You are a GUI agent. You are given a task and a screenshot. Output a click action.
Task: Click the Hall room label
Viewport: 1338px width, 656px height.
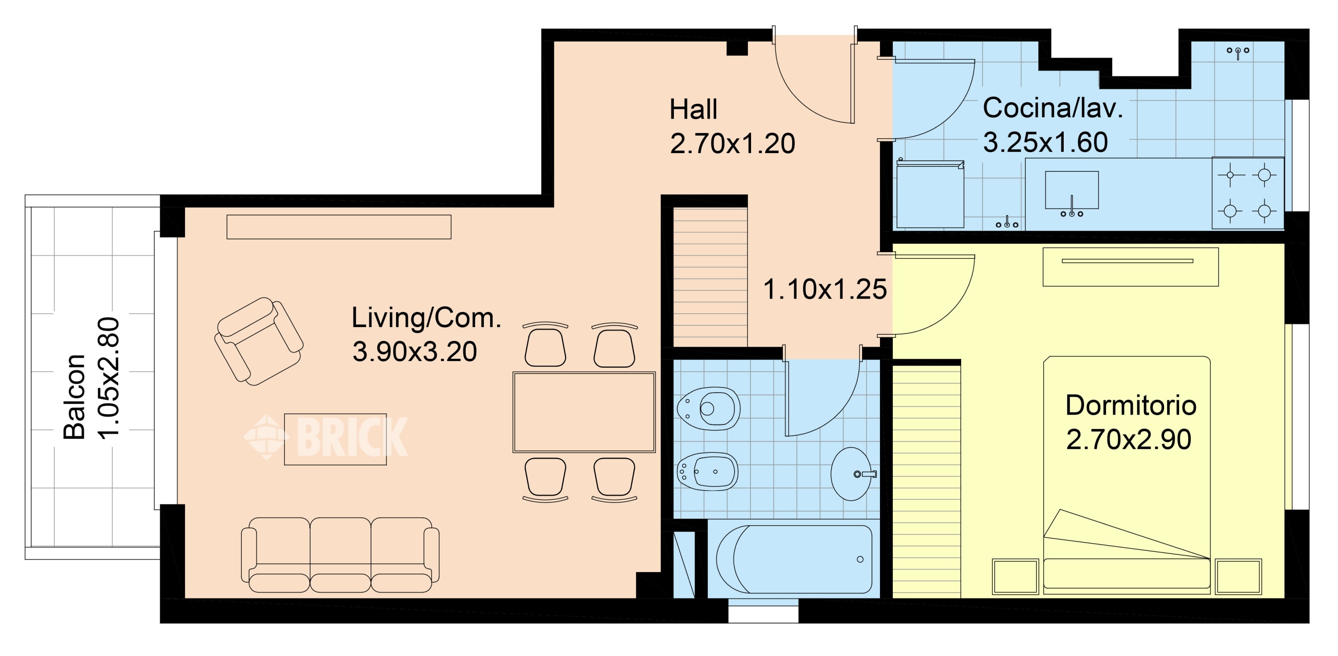pos(693,110)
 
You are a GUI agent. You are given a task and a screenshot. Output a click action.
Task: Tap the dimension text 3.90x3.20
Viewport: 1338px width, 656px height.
pos(414,351)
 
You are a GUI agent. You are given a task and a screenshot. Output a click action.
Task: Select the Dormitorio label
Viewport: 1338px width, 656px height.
pos(1131,406)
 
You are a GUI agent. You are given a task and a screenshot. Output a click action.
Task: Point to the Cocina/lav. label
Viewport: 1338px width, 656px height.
pos(1053,108)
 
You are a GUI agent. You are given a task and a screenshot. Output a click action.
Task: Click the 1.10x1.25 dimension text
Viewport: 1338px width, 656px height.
pos(825,289)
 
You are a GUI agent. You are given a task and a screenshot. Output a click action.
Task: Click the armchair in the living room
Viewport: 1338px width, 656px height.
pos(259,341)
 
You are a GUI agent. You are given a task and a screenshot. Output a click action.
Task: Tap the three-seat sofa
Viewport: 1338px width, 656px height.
pos(340,555)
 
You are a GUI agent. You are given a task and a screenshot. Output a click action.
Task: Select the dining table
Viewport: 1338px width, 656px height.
pos(584,412)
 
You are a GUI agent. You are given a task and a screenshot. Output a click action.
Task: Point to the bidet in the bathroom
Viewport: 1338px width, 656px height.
pos(707,471)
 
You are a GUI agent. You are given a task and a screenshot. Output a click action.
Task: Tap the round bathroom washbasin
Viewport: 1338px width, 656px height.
pos(852,473)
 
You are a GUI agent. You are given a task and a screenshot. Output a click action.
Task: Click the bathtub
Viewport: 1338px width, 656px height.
pos(794,559)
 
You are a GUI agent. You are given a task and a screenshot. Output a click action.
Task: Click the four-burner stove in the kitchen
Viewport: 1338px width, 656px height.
pos(1247,193)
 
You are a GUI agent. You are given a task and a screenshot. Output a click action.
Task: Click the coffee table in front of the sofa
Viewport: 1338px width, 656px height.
pos(335,439)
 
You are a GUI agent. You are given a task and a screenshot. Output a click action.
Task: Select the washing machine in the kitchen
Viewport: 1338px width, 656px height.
pos(930,195)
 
